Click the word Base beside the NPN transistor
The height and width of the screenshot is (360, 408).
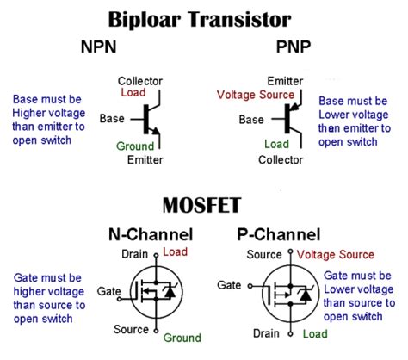(113, 118)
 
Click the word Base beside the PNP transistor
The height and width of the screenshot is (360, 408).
(252, 118)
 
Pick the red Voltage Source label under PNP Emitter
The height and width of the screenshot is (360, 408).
(255, 94)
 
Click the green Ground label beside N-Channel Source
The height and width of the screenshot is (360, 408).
(182, 337)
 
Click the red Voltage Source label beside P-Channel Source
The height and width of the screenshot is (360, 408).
(337, 255)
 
